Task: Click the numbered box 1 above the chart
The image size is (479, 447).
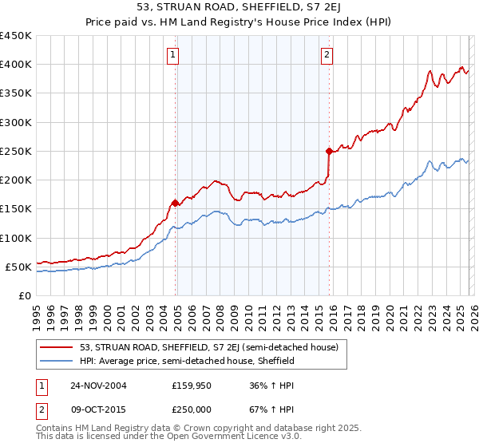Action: pyautogui.click(x=172, y=55)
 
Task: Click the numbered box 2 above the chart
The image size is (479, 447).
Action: pyautogui.click(x=327, y=55)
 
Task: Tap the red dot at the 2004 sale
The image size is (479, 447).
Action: pyautogui.click(x=176, y=203)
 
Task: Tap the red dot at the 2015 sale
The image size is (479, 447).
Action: pyautogui.click(x=329, y=150)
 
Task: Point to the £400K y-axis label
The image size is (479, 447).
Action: pyautogui.click(x=15, y=65)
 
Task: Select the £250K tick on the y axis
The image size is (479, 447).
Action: pyautogui.click(x=15, y=151)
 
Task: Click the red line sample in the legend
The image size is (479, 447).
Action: pyautogui.click(x=56, y=347)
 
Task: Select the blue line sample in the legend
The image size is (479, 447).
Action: pyautogui.click(x=56, y=361)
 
